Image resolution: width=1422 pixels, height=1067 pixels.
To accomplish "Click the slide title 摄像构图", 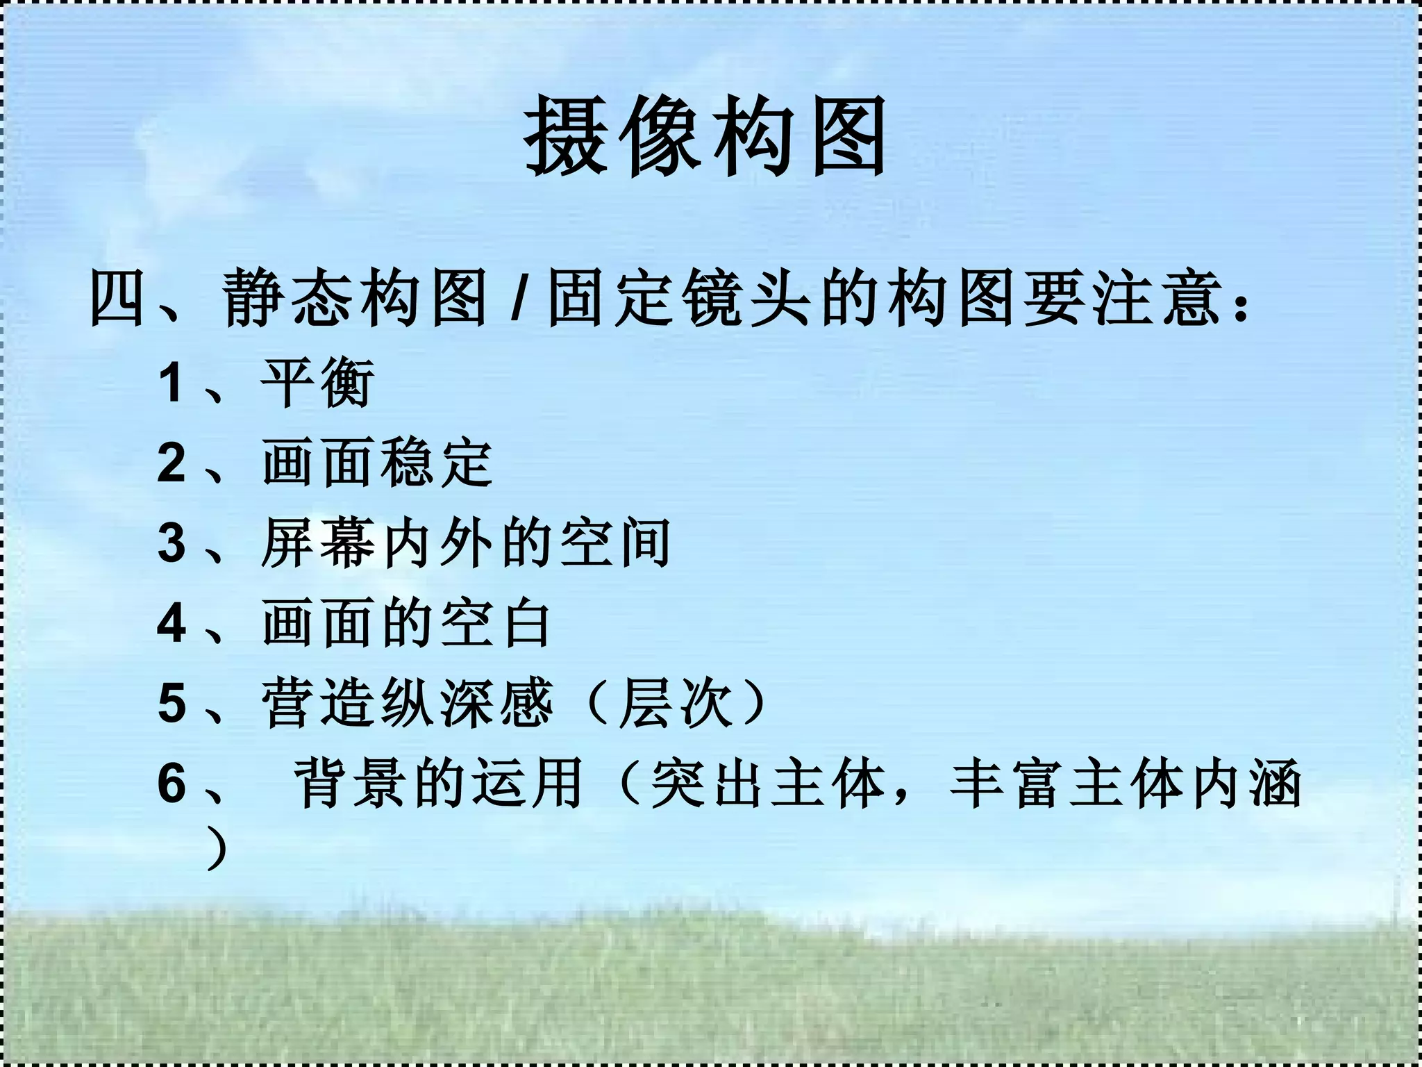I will click(x=705, y=136).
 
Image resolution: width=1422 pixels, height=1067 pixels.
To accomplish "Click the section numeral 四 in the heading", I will click(x=117, y=299).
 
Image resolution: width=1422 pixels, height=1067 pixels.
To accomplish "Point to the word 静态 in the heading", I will click(x=288, y=299).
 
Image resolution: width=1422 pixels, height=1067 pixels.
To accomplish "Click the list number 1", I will click(x=172, y=383).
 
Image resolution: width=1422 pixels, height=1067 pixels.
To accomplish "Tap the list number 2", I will click(x=172, y=463).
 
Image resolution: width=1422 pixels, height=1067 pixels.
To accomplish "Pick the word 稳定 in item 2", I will click(x=436, y=463).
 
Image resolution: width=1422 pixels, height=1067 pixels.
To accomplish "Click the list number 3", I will click(x=172, y=543).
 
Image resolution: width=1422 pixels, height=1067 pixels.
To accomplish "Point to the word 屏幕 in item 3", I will click(x=318, y=543).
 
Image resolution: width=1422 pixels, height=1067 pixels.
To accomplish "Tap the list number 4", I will click(x=172, y=623).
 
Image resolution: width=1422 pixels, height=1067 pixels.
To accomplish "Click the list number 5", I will click(x=172, y=703).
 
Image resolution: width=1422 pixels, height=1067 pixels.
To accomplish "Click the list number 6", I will click(x=172, y=783).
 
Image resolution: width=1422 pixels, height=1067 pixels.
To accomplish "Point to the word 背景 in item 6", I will click(x=350, y=783).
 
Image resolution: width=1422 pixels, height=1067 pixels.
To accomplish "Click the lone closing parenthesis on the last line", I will click(x=218, y=847).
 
